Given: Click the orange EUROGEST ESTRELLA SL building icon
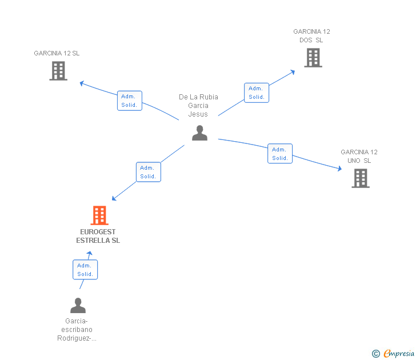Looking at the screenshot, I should point(99,215).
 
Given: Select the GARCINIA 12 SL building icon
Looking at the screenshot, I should point(58,71).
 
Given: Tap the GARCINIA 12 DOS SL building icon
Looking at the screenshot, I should point(313,58).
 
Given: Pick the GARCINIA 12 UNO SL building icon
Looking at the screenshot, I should point(360,178).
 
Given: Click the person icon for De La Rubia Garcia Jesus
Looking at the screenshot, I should point(199,133).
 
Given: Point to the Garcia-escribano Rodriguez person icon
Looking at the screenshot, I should point(78,306).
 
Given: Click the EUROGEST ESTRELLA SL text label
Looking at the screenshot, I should point(98,237).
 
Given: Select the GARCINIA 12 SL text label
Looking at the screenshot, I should point(57,53).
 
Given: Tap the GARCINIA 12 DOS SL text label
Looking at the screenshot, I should point(311,36).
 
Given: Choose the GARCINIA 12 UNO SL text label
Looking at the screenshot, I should point(359,156).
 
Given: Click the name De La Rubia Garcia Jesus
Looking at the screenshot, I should point(198,106).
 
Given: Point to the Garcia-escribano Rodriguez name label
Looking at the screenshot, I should point(77,330).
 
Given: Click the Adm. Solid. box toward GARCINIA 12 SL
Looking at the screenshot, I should point(130,101).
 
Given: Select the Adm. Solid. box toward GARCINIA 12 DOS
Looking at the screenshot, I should point(257,93).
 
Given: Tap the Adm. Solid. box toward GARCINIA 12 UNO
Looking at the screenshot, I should point(280,154).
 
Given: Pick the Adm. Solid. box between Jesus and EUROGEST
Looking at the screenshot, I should point(148,172).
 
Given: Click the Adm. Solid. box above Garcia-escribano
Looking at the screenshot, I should point(85,270).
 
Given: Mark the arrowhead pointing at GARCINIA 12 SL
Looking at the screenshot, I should point(82,83).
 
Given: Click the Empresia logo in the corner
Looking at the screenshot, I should point(394,354).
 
